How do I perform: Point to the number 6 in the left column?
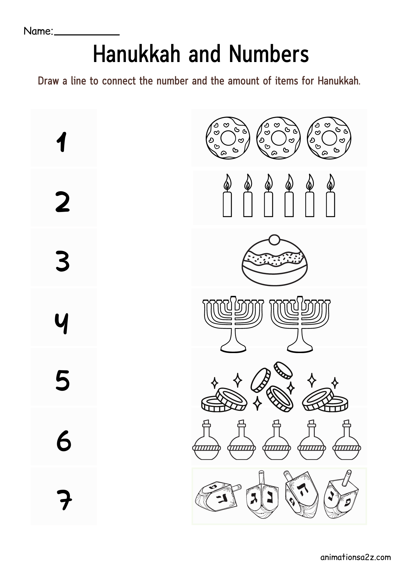tap(64, 441)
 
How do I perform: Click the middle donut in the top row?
tap(278, 138)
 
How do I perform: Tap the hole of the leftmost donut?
tap(228, 138)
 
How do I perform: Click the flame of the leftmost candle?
tap(227, 182)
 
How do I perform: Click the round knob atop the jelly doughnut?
tap(274, 240)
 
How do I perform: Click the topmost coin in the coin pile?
tap(283, 370)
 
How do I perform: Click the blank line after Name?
tap(87, 34)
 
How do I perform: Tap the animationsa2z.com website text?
tap(355, 557)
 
